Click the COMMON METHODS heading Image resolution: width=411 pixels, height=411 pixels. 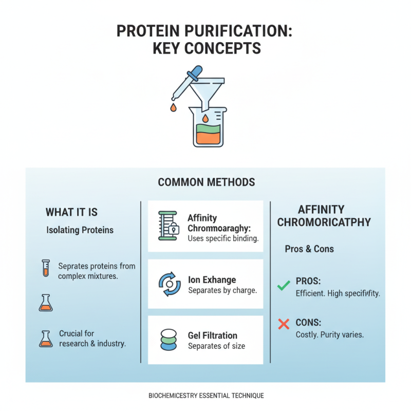[x=206, y=182]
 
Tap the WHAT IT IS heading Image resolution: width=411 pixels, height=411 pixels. [x=71, y=212]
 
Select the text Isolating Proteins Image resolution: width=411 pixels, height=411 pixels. [x=80, y=230]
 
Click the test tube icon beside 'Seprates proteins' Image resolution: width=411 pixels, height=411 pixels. [x=45, y=268]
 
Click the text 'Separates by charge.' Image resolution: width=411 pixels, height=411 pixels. [x=222, y=291]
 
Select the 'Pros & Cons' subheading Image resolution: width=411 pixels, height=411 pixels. [x=309, y=249]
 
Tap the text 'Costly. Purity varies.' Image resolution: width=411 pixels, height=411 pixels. [x=330, y=334]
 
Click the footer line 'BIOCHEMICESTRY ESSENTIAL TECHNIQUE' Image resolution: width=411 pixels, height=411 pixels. [x=206, y=396]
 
